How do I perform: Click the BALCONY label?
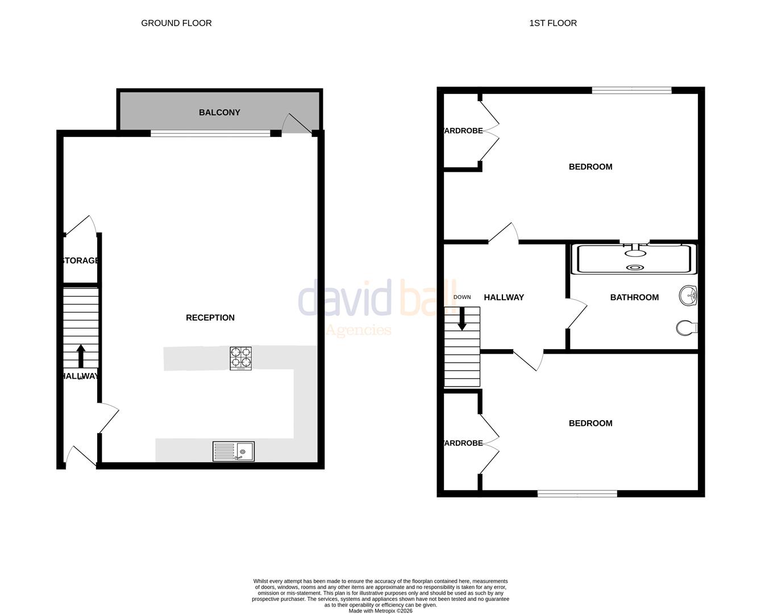219,113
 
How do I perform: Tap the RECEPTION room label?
210,318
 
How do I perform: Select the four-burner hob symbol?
241,359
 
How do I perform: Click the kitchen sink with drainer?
234,451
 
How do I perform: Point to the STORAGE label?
81,261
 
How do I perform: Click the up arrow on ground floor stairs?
81,356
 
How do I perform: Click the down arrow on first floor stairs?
462,318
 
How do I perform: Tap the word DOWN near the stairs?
462,297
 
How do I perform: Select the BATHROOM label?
634,297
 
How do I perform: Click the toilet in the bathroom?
687,328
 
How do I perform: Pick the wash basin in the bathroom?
688,296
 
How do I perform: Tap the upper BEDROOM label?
590,167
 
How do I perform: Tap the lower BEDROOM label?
590,424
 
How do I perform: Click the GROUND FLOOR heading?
176,23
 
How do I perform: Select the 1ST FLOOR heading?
553,23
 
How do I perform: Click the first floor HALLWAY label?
504,297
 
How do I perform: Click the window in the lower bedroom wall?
577,494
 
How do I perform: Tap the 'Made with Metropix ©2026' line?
380,611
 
